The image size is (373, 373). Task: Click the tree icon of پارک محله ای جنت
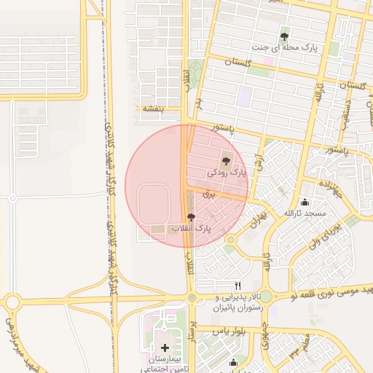point(284,35)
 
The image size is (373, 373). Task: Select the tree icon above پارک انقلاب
point(192,217)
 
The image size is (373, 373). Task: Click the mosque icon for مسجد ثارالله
point(305,202)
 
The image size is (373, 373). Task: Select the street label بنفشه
point(152,109)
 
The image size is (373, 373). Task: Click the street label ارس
point(259,163)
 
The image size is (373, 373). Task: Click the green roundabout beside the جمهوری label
point(266,297)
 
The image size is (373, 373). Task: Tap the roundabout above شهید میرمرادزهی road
point(12,302)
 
